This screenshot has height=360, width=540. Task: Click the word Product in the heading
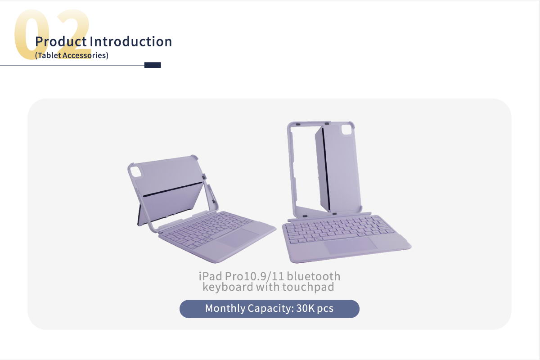(61, 41)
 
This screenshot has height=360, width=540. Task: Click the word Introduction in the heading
(130, 41)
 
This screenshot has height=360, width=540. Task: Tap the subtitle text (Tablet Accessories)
(72, 55)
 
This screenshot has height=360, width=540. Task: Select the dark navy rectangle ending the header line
(153, 65)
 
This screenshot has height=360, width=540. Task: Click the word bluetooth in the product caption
(313, 276)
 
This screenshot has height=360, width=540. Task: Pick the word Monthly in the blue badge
(225, 309)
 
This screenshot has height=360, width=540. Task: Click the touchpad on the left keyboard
(238, 238)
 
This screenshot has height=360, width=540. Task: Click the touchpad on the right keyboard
(350, 245)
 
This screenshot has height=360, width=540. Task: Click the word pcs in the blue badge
(325, 309)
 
